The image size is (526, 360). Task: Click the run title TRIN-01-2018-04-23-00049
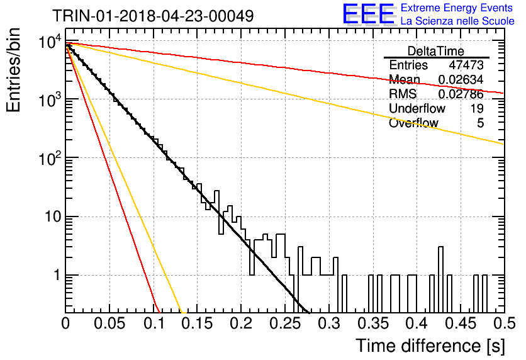point(153,16)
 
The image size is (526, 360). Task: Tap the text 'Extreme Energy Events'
point(457,8)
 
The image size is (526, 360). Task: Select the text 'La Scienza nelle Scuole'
point(457,21)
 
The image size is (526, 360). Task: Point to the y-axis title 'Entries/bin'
point(13,70)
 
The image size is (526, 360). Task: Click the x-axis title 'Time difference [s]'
point(430,346)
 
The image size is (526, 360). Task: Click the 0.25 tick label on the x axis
point(285,323)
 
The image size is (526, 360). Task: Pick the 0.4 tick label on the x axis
point(417,323)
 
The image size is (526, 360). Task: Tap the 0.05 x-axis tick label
point(109,323)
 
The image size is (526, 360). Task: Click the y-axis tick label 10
point(53,217)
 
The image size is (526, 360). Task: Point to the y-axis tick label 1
point(57,276)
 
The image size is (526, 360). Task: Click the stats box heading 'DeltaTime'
point(436,51)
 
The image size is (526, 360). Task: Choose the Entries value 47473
point(466,65)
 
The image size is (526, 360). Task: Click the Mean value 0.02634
point(461,79)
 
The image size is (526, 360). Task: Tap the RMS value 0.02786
point(461,94)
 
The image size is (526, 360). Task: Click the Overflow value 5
point(480,123)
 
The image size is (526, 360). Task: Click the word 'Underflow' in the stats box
point(417,108)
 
